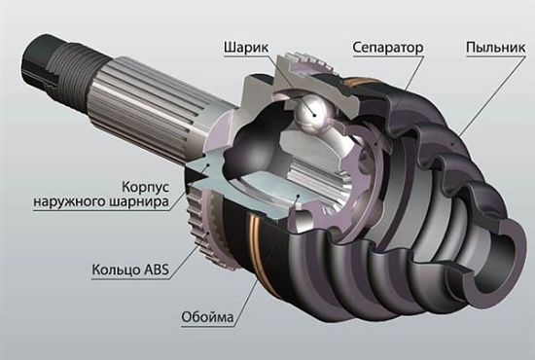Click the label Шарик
[x=246, y=48]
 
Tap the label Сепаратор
[x=388, y=48]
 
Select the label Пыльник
[x=496, y=48]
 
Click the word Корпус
[x=146, y=187]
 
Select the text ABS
[x=157, y=270]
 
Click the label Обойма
[x=207, y=317]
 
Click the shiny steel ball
[x=311, y=113]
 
